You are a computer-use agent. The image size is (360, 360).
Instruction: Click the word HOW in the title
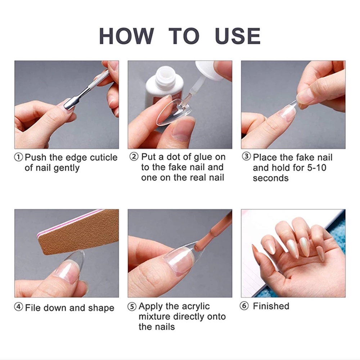click(126, 36)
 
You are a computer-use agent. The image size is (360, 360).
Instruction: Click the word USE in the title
click(238, 36)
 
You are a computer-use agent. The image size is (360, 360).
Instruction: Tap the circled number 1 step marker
click(19, 158)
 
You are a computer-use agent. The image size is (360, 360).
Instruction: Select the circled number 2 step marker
click(134, 157)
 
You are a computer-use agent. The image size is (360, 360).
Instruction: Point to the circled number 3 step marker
click(246, 157)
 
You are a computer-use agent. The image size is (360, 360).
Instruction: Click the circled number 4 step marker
click(19, 307)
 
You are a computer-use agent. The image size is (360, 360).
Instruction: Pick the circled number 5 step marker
click(132, 306)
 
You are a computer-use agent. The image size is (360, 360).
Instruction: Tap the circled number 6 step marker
click(244, 306)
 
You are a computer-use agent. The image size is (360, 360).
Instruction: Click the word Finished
click(271, 306)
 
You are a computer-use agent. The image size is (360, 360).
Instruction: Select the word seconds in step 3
click(271, 178)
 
